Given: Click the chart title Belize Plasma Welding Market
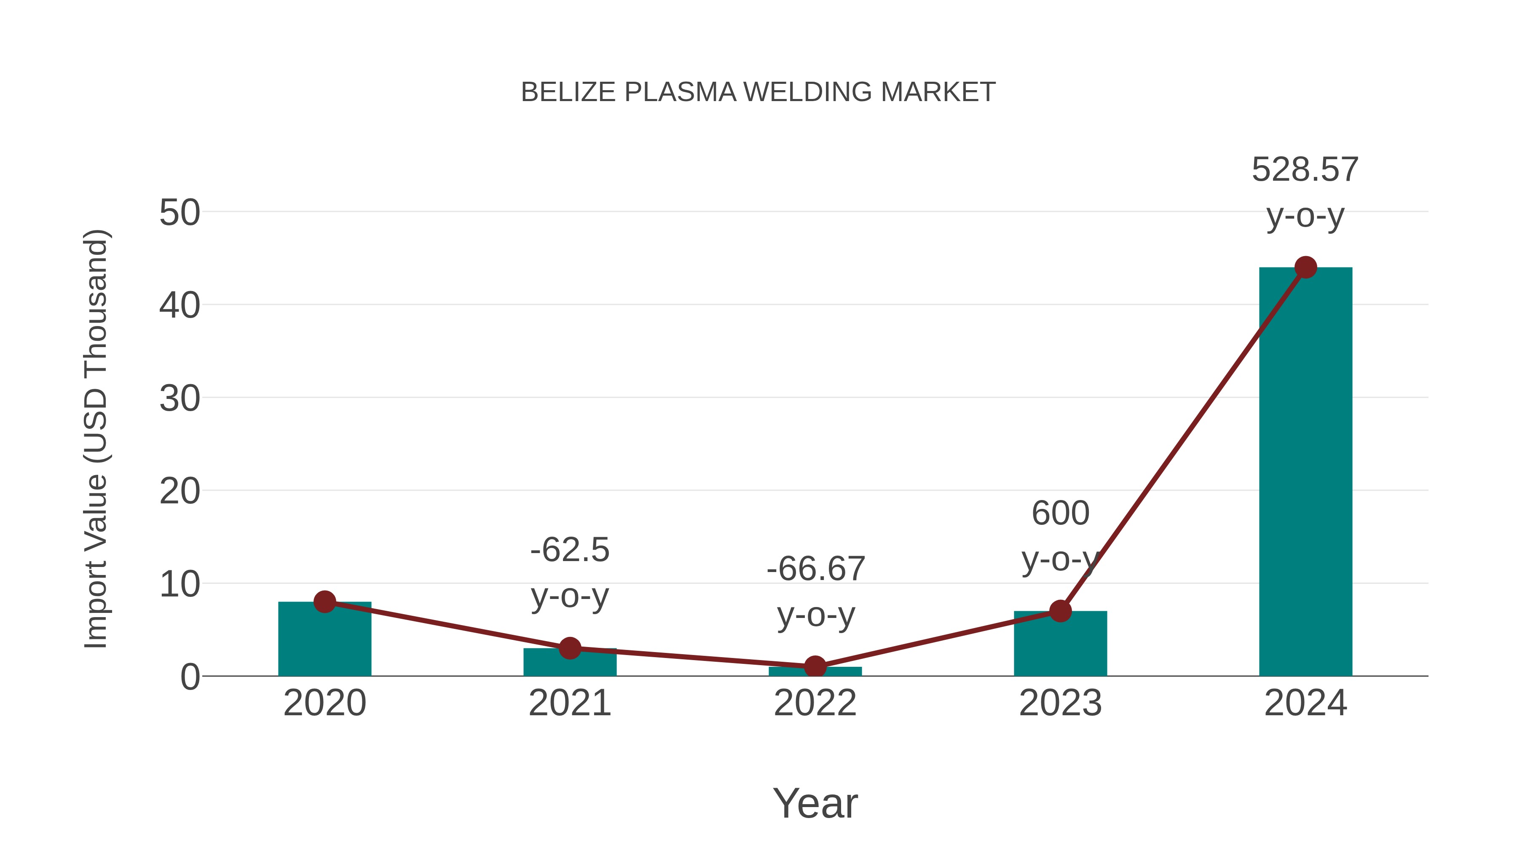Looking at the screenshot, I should pyautogui.click(x=758, y=92).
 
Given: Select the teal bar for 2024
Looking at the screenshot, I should pyautogui.click(x=1305, y=471).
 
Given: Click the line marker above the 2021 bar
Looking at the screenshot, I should pyautogui.click(x=569, y=648).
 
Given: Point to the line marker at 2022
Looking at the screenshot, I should pyautogui.click(x=815, y=667).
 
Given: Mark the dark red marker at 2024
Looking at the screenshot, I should pyautogui.click(x=1305, y=267).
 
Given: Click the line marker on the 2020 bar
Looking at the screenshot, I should pyautogui.click(x=324, y=602).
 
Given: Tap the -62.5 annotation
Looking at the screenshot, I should pyautogui.click(x=569, y=550).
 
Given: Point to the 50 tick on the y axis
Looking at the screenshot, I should pyautogui.click(x=180, y=213).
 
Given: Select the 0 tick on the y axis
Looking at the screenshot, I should pyautogui.click(x=190, y=677).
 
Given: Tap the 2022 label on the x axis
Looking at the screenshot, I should pyautogui.click(x=815, y=703).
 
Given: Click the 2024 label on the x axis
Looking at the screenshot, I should pyautogui.click(x=1305, y=703).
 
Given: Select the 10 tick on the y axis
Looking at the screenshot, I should pyautogui.click(x=180, y=585).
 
